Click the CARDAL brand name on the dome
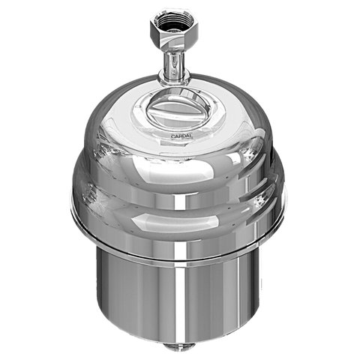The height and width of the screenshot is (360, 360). [x=180, y=136]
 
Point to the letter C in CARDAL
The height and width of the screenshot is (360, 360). [x=171, y=136]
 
